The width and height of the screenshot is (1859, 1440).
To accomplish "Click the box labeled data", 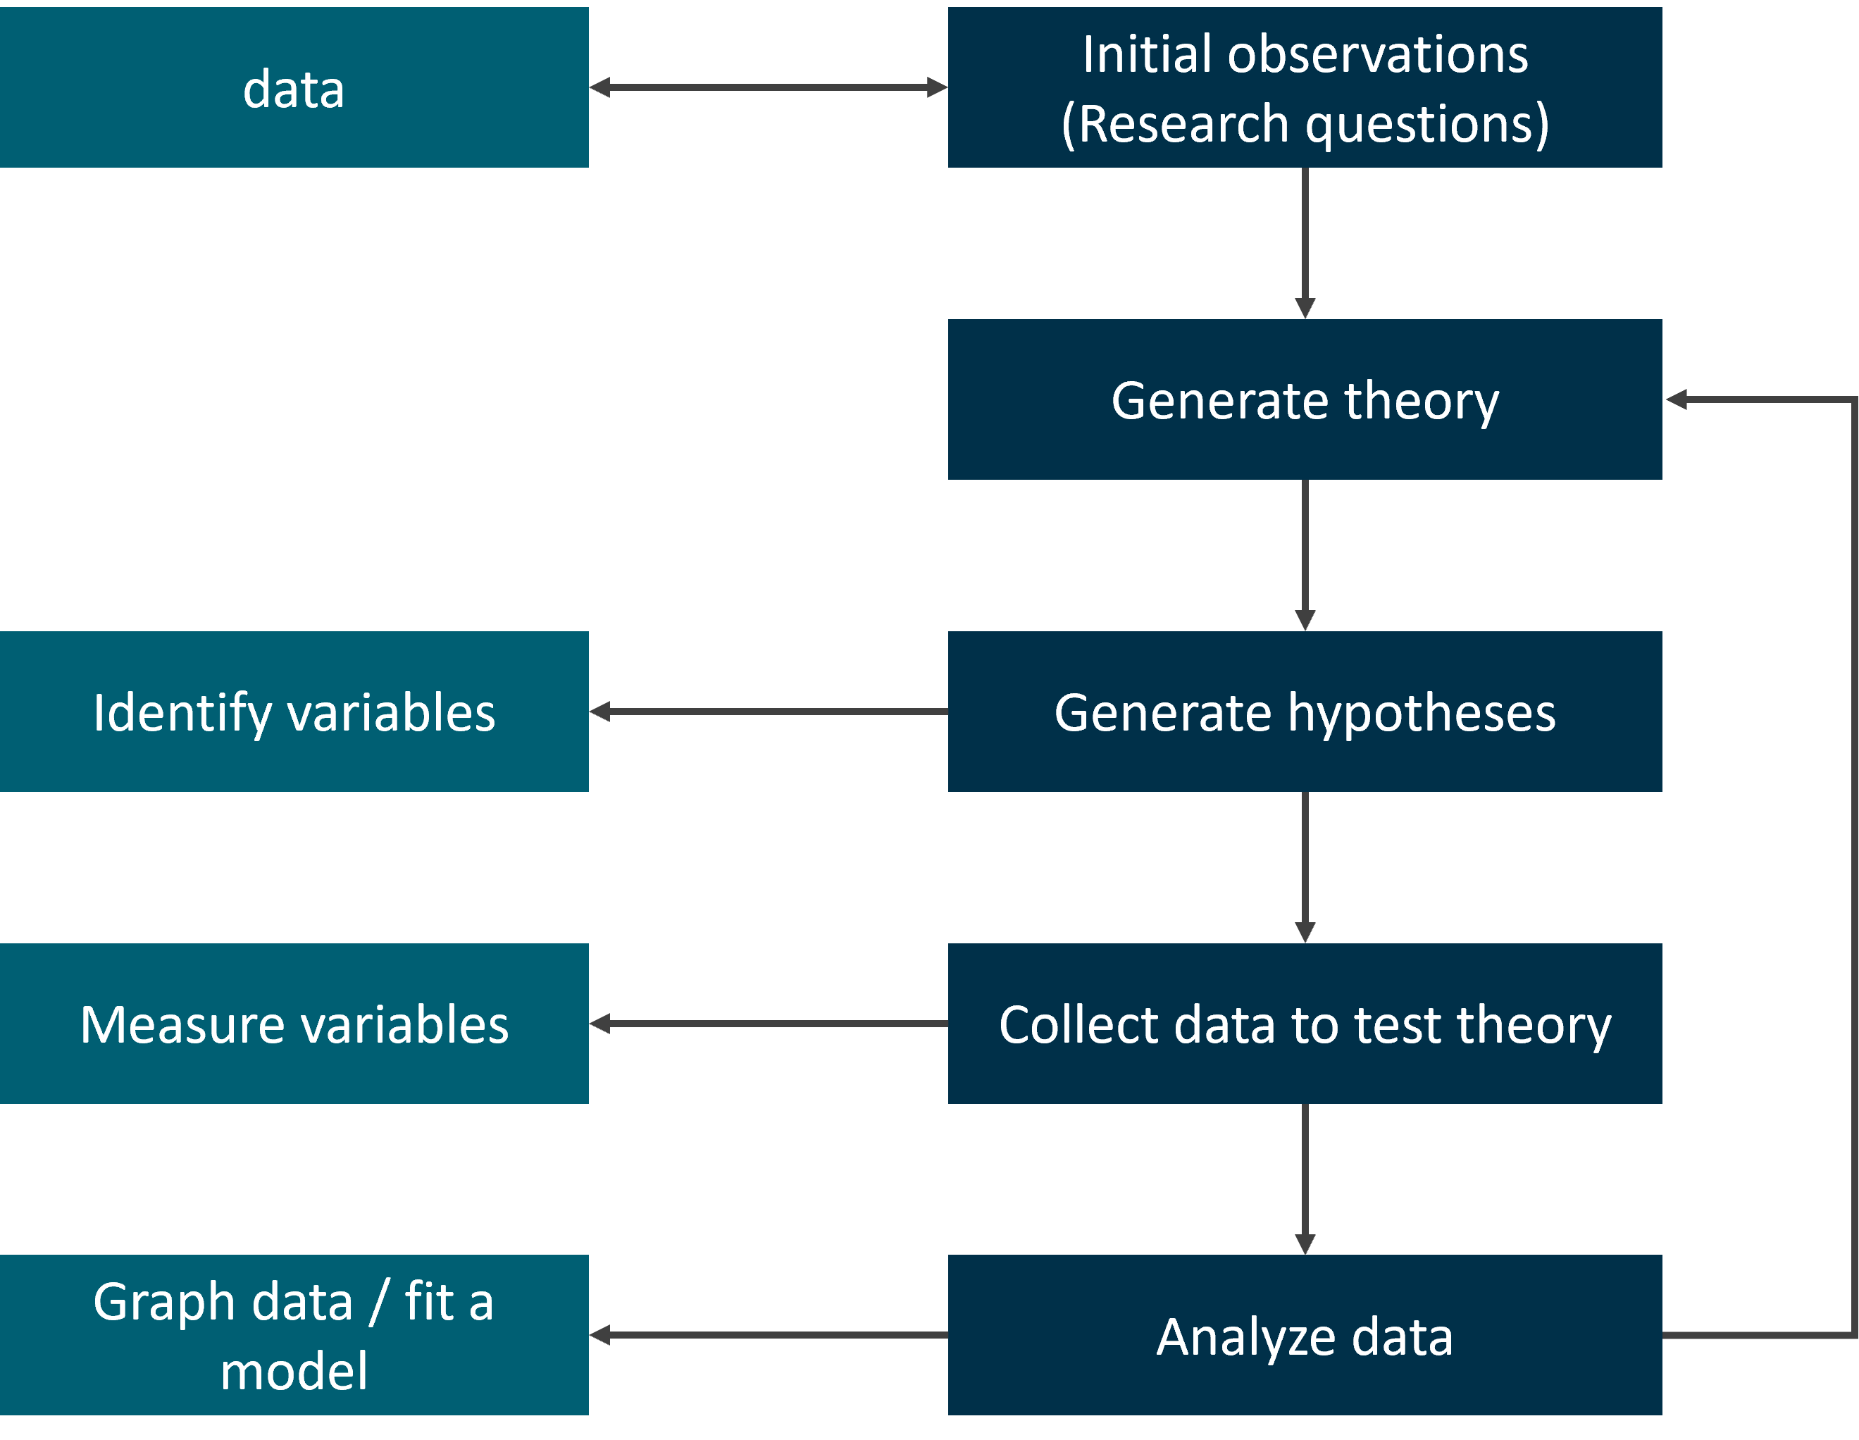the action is (x=294, y=87).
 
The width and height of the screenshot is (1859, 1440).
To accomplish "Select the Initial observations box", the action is (x=1305, y=87).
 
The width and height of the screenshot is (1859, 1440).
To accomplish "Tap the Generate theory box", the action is (x=1305, y=399).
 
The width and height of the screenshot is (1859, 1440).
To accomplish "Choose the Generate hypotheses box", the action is (x=1305, y=712).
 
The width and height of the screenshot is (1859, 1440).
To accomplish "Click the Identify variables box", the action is (x=294, y=712).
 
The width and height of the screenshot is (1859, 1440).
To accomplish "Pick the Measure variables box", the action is (x=294, y=1024).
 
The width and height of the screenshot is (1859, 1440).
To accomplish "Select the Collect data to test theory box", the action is (x=1305, y=1024).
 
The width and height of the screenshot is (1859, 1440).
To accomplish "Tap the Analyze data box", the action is (x=1305, y=1335).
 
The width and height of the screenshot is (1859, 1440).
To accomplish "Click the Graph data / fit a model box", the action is (x=294, y=1335).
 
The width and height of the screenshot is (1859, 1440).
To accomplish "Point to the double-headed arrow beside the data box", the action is (x=769, y=87).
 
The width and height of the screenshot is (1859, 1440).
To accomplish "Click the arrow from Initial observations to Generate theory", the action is (x=1305, y=243).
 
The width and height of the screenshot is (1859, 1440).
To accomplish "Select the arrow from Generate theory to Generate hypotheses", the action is (x=1305, y=556).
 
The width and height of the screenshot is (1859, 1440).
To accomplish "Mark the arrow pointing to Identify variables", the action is (x=769, y=712).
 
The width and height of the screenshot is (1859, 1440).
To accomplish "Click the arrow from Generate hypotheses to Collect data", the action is (x=1305, y=867).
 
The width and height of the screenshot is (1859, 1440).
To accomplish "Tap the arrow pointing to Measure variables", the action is (x=769, y=1024).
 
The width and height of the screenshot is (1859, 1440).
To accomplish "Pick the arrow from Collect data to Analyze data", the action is (x=1305, y=1179).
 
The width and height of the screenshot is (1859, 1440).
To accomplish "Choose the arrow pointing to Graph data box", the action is (x=769, y=1335).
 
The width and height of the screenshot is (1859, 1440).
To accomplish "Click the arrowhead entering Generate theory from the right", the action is (x=1676, y=399).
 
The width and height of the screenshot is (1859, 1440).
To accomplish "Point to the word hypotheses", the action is (x=1422, y=713).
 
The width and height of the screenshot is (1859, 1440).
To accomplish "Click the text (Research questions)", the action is (x=1305, y=124).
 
